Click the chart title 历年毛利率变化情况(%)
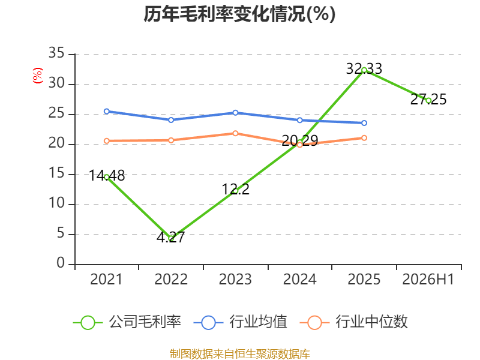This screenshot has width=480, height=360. tap(239, 14)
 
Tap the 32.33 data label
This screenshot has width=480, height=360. tap(364, 68)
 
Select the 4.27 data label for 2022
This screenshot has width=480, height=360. tap(171, 237)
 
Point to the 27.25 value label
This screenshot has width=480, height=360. tap(428, 100)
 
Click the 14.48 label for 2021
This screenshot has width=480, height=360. tap(107, 176)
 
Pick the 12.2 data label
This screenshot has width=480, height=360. tap(235, 189)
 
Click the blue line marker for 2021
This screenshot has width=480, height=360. tap(107, 112)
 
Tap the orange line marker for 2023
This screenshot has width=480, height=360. tap(235, 133)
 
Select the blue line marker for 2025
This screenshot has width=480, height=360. tap(364, 123)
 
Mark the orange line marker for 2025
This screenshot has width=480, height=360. tap(364, 138)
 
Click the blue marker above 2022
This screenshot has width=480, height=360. tap(171, 120)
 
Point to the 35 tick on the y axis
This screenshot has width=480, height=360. tap(56, 53)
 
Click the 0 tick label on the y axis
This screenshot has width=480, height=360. tap(61, 263)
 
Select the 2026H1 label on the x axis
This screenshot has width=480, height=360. tap(428, 280)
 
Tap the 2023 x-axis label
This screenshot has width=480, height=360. tap(235, 280)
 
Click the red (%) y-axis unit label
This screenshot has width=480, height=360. tap(38, 76)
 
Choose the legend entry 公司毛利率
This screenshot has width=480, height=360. tap(127, 322)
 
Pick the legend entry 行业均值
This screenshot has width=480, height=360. tap(241, 322)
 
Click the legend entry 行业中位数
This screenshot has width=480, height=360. tap(353, 322)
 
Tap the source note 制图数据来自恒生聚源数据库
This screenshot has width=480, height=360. tap(240, 354)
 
